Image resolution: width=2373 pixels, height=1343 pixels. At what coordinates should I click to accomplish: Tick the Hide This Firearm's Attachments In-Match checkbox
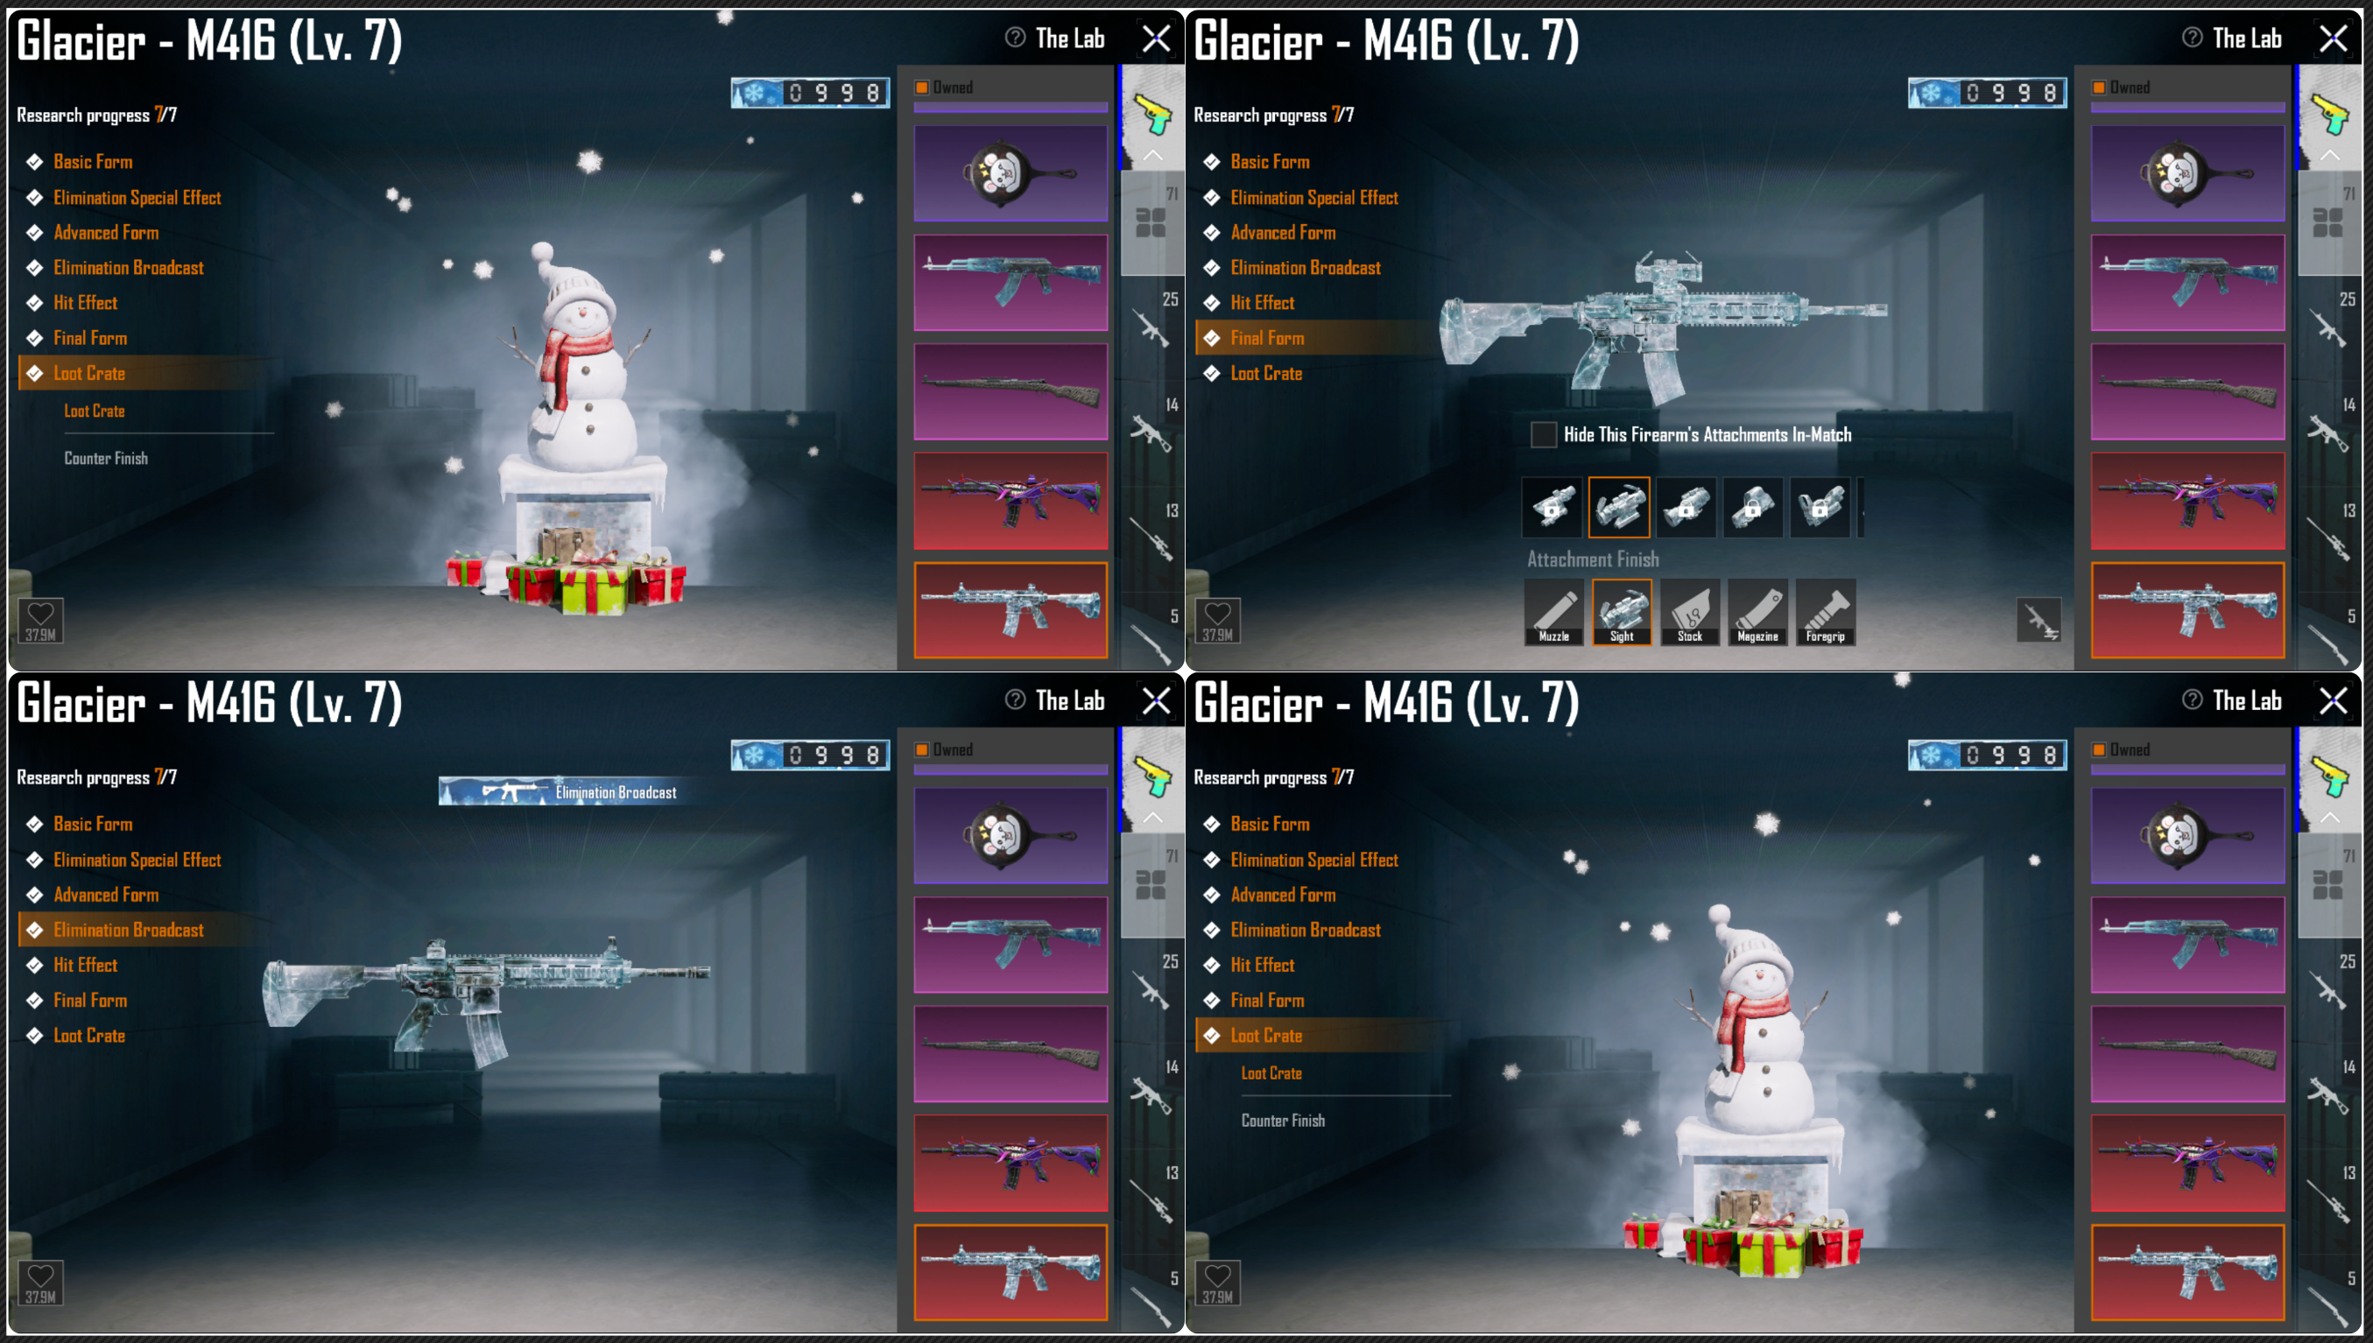(1543, 434)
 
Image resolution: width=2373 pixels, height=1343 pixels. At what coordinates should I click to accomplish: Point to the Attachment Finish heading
(1593, 559)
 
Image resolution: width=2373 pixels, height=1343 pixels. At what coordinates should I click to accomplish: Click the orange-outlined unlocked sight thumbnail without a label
(1618, 507)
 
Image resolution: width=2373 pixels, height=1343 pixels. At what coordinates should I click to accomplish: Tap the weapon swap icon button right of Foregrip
(2039, 620)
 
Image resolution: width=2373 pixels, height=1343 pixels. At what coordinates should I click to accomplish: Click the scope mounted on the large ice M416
(1666, 270)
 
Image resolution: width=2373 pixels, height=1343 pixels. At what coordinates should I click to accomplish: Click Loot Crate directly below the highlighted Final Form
(1266, 374)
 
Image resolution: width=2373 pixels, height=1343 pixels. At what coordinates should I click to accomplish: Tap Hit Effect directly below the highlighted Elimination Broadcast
(86, 965)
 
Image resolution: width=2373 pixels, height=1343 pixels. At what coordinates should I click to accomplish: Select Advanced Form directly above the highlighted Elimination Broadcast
(106, 895)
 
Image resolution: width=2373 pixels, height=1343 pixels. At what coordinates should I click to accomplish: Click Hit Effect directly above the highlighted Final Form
(1263, 303)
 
